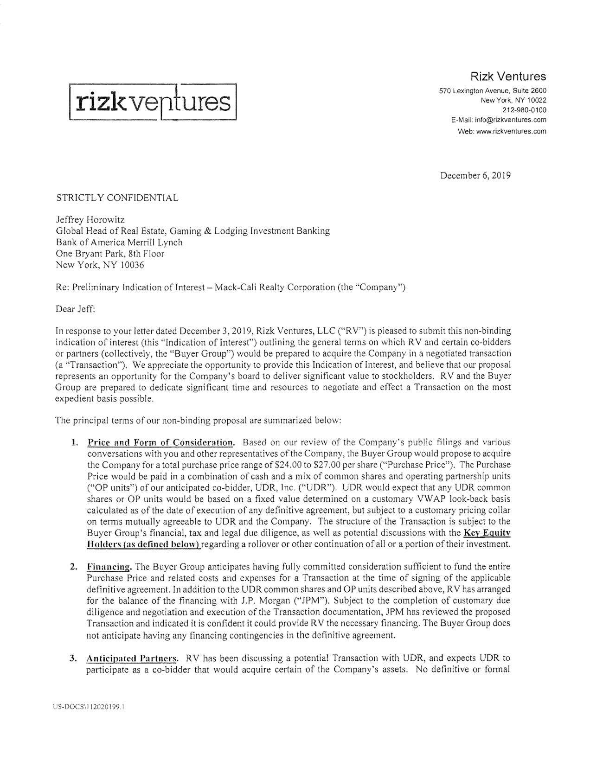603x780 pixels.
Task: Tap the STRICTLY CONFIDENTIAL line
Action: pyautogui.click(x=117, y=198)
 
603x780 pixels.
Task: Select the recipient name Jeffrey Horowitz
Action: pyautogui.click(x=90, y=220)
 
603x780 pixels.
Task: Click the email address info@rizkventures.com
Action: pyautogui.click(x=510, y=120)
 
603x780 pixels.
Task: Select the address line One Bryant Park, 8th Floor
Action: pyautogui.click(x=110, y=254)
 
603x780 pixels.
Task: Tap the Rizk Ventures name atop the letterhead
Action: pyautogui.click(x=508, y=76)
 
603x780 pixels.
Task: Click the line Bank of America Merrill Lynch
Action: pyautogui.click(x=119, y=242)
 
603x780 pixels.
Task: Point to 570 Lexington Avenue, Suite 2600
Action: pyautogui.click(x=493, y=90)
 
